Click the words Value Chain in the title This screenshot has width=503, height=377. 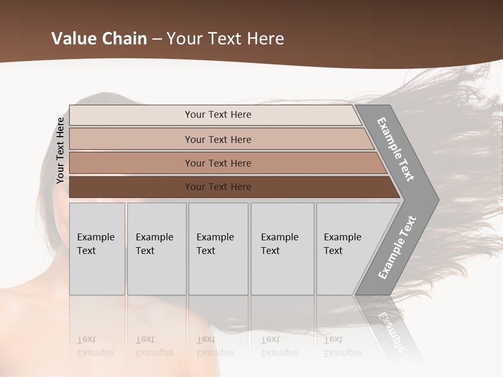click(x=99, y=39)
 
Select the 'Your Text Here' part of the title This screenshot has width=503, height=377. click(x=225, y=39)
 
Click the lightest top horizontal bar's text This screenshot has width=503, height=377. click(x=218, y=115)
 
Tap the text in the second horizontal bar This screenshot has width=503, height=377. click(x=218, y=140)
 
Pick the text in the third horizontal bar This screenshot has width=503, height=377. click(x=218, y=163)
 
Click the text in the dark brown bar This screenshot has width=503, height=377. click(x=218, y=187)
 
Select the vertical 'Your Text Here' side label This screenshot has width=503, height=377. click(x=60, y=150)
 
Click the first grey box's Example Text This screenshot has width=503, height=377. click(x=95, y=244)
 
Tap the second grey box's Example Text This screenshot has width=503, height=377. click(x=154, y=244)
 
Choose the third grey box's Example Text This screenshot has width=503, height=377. click(x=215, y=244)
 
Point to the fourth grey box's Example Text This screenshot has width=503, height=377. click(x=279, y=244)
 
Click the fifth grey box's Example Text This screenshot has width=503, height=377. click(x=342, y=244)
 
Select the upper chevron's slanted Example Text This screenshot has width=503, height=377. click(x=396, y=149)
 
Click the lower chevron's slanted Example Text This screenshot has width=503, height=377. click(x=397, y=248)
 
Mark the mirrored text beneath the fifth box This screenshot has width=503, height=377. click(x=342, y=346)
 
